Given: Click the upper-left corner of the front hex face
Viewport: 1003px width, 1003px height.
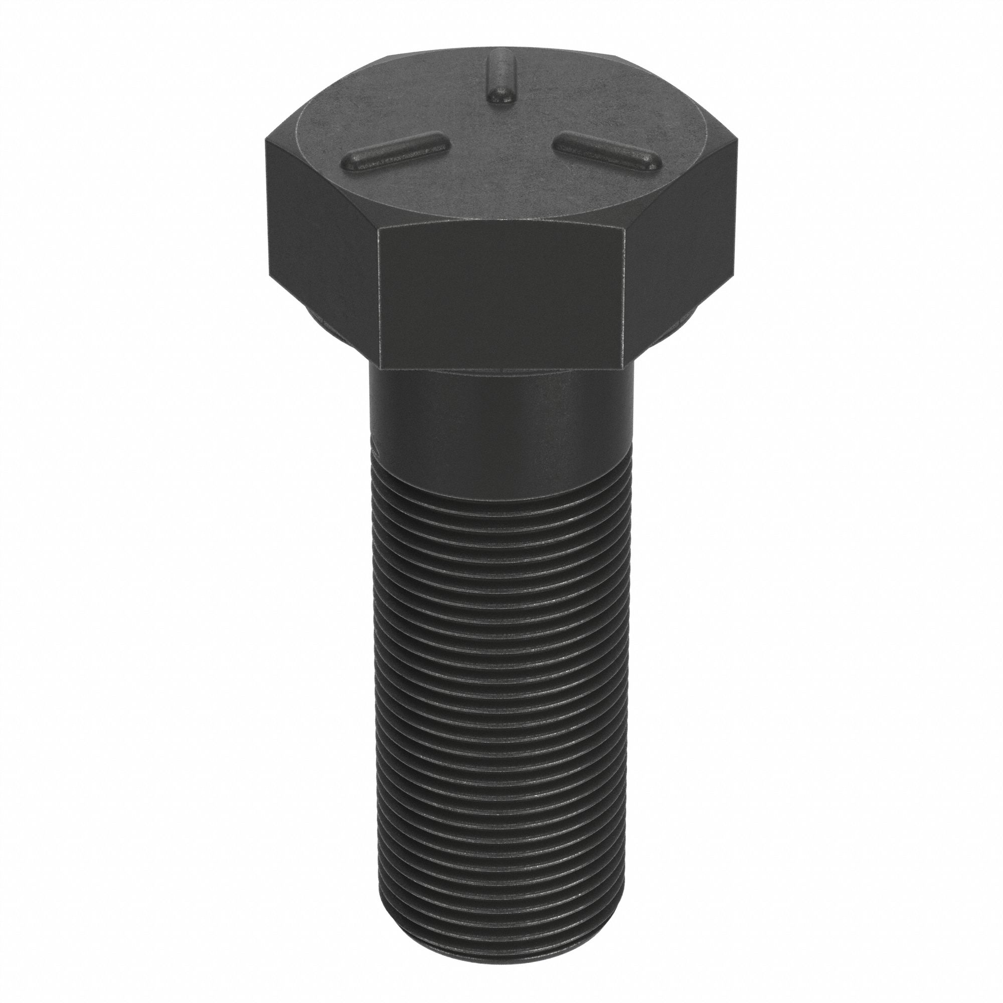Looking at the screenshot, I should click(380, 228).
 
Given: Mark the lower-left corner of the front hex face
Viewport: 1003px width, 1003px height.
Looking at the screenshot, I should click(380, 370).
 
